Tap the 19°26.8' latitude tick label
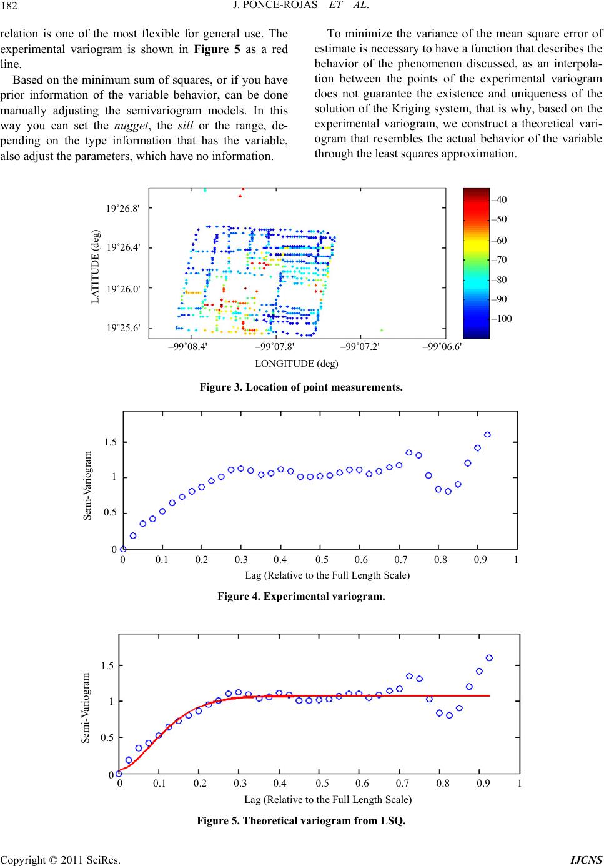point(123,208)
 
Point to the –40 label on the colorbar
point(499,199)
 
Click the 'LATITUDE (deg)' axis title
point(96,266)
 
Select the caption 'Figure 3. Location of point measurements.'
point(301,387)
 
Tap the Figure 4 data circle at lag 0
point(123,549)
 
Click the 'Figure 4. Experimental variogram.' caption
point(301,597)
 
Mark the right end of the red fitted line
point(488,695)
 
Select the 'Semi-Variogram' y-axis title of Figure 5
point(86,707)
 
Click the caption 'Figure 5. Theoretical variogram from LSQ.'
point(301,820)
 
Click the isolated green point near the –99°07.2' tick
point(382,330)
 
